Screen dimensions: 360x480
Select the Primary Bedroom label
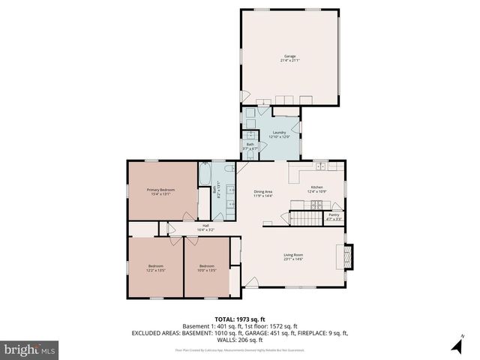pyautogui.click(x=160, y=191)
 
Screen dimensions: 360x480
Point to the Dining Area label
pyautogui.click(x=262, y=193)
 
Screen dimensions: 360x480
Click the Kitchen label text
pyautogui.click(x=316, y=188)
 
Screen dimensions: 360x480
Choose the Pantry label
pyautogui.click(x=334, y=216)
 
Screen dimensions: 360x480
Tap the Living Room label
pyautogui.click(x=293, y=256)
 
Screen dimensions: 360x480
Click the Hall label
pyautogui.click(x=205, y=227)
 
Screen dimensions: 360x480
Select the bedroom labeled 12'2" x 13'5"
pyautogui.click(x=156, y=267)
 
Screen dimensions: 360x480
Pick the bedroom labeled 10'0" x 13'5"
pyautogui.click(x=207, y=267)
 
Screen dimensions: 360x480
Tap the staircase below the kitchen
pyautogui.click(x=305, y=218)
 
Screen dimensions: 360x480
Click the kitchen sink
pyautogui.click(x=320, y=166)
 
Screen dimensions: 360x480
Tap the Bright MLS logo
pyautogui.click(x=30, y=349)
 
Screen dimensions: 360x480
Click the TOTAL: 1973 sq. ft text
pyautogui.click(x=241, y=319)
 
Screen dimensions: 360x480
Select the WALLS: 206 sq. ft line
pyautogui.click(x=241, y=339)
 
